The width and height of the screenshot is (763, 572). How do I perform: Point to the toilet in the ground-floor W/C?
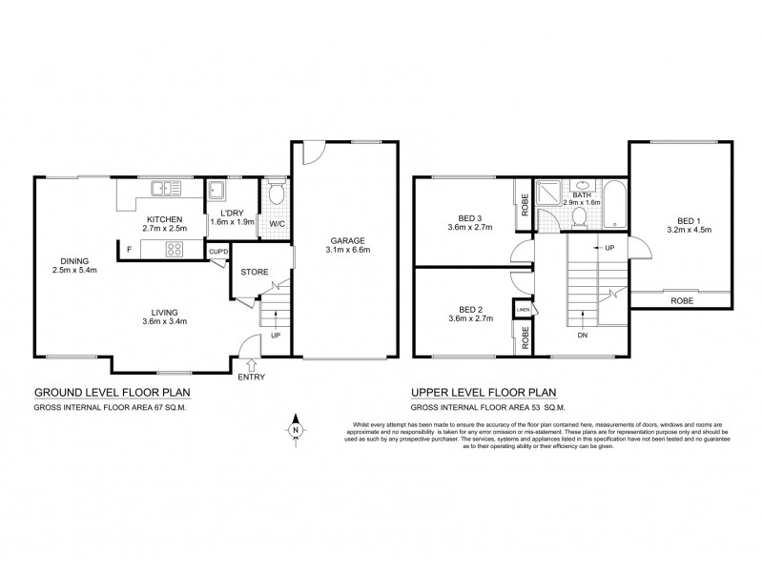pyautogui.click(x=276, y=197)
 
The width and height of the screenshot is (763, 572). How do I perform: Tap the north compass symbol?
pyautogui.click(x=297, y=429)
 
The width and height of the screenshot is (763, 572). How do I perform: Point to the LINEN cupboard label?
pyautogui.click(x=523, y=311)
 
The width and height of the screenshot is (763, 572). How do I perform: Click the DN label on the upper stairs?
pyautogui.click(x=583, y=334)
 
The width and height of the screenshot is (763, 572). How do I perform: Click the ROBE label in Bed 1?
pyautogui.click(x=681, y=300)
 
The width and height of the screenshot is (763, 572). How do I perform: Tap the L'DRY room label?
pyautogui.click(x=228, y=213)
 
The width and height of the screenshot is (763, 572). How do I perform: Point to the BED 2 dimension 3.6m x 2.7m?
pyautogui.click(x=469, y=320)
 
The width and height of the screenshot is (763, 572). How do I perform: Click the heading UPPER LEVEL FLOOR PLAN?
pyautogui.click(x=483, y=392)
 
